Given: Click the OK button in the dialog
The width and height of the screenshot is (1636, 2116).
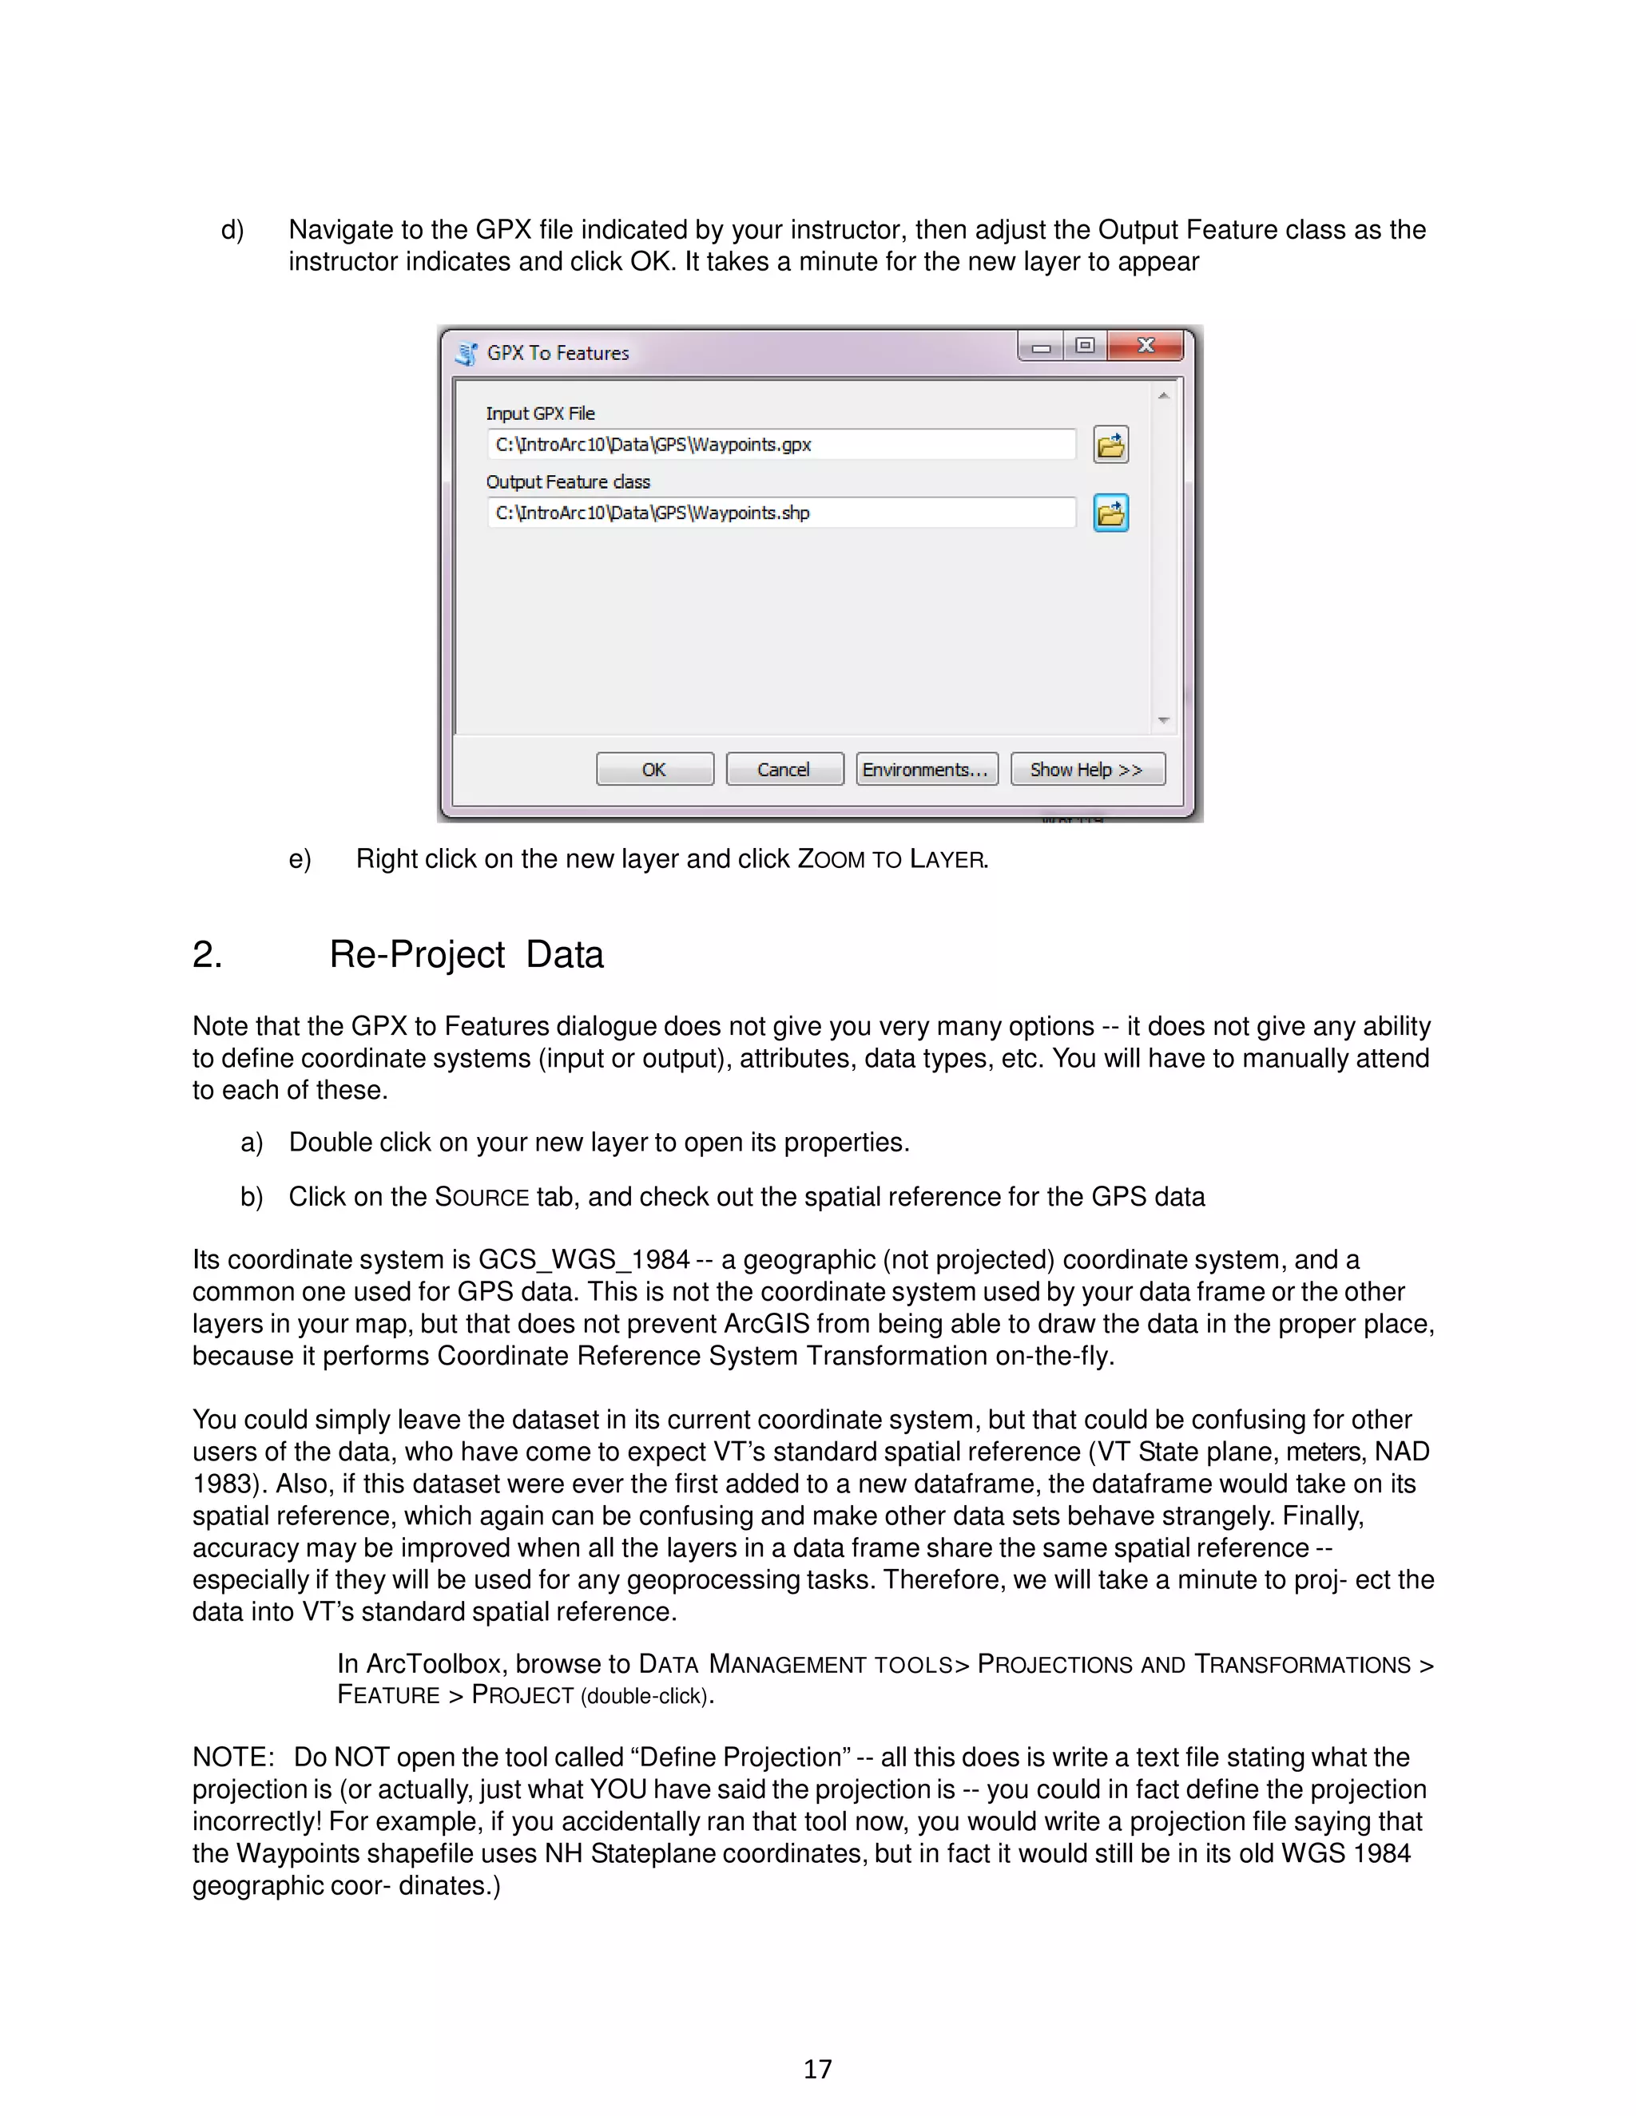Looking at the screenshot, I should (x=654, y=769).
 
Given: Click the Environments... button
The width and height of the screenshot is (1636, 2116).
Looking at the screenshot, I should (x=926, y=769).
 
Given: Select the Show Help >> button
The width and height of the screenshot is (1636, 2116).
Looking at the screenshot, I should (x=1086, y=769).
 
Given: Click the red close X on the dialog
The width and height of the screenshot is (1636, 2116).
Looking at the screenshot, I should (x=1146, y=346).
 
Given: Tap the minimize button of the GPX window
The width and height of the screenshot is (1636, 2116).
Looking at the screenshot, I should (x=1041, y=347).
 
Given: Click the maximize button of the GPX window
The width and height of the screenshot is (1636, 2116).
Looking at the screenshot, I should (x=1086, y=346).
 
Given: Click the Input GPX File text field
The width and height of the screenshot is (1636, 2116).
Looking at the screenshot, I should (x=780, y=445).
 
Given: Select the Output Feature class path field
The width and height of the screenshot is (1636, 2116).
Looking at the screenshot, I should (x=780, y=513).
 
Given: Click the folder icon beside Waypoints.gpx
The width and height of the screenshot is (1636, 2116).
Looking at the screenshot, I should (x=1110, y=445).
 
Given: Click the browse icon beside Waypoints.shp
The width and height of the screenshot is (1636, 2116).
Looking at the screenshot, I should (x=1110, y=513).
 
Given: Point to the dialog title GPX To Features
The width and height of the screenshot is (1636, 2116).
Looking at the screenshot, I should (x=558, y=354).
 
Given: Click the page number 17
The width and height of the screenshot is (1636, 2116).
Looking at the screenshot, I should (x=817, y=2069).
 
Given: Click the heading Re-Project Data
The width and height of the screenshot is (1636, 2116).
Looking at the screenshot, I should (x=467, y=954).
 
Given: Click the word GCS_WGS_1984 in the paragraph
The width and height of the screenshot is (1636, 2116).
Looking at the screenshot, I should (x=583, y=1259).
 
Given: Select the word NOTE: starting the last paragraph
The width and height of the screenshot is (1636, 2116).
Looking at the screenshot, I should (x=232, y=1757).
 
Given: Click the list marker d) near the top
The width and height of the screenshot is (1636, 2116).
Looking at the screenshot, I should (x=232, y=231).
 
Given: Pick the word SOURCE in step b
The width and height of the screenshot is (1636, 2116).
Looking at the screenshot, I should (x=482, y=1198).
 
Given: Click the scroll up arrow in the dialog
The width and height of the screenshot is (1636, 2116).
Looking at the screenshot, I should (x=1164, y=395).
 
